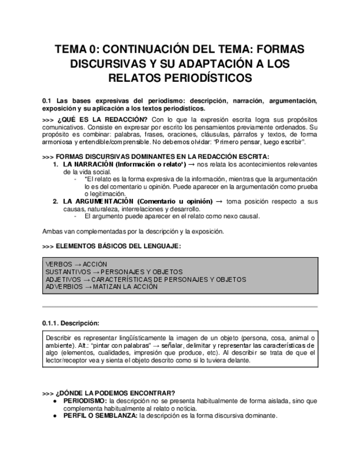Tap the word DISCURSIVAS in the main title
click(112, 64)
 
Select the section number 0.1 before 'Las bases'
click(46, 101)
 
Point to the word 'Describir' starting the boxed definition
click(59, 337)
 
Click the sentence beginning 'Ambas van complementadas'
click(132, 231)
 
